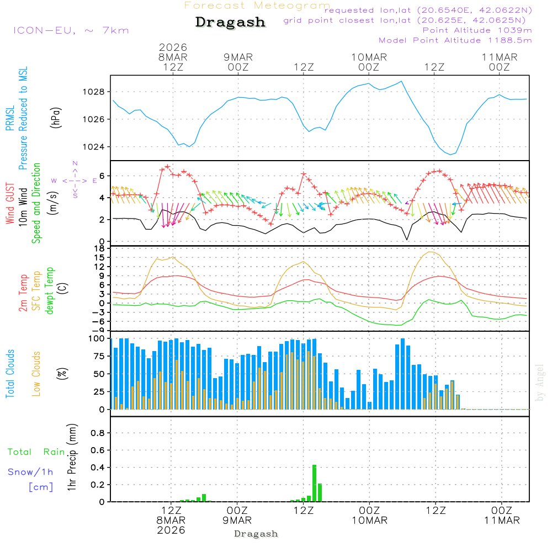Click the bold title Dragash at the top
pyautogui.click(x=230, y=22)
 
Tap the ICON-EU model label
pyautogui.click(x=71, y=30)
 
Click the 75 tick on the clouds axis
pyautogui.click(x=97, y=356)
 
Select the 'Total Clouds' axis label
pyautogui.click(x=10, y=374)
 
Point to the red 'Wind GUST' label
pyautogui.click(x=10, y=204)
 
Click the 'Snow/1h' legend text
pyautogui.click(x=30, y=472)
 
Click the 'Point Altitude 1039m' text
pyautogui.click(x=477, y=30)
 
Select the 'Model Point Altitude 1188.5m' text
pyautogui.click(x=455, y=40)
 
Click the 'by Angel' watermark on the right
pyautogui.click(x=540, y=382)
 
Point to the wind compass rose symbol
pyautogui.click(x=75, y=180)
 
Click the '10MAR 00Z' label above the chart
pyautogui.click(x=369, y=62)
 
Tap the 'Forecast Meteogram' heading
pyautogui.click(x=257, y=6)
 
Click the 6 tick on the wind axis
pyautogui.click(x=102, y=176)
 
